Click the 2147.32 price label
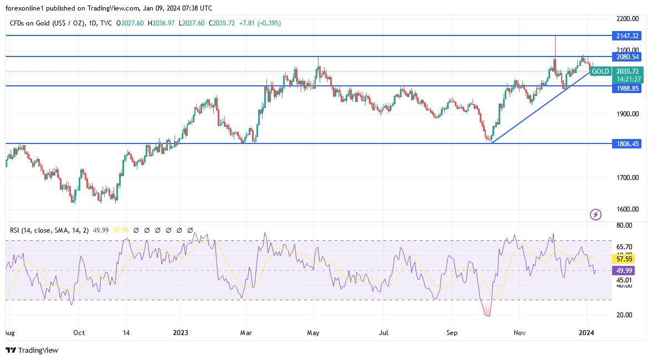coord(628,35)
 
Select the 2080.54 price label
coord(628,56)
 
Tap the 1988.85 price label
coord(628,88)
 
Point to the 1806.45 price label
coord(628,143)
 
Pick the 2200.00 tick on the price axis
coord(628,18)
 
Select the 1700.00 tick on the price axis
coord(628,177)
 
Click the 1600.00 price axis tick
coord(628,209)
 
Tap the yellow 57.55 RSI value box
coord(624,259)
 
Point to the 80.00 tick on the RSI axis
coord(624,225)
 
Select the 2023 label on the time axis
coord(181,333)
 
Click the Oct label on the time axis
coord(79,333)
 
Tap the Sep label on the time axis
coord(452,333)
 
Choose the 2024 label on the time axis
coord(586,333)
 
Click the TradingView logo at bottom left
coord(32,350)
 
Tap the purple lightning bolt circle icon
coord(595,214)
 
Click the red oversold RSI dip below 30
coord(487,310)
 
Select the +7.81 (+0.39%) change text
coord(260,23)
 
